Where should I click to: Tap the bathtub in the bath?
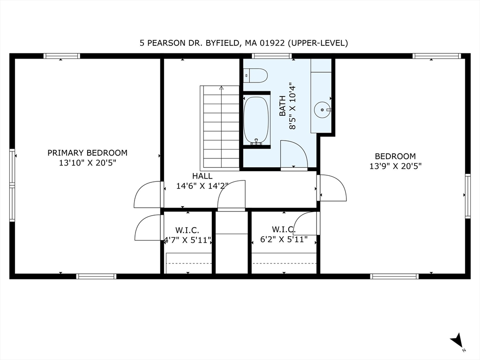click(256, 120)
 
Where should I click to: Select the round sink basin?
click(322, 110)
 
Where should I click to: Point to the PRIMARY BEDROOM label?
click(87, 153)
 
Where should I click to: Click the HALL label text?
click(202, 176)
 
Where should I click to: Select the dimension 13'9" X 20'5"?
click(395, 166)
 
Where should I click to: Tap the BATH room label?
click(283, 105)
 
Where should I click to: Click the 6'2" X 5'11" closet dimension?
click(284, 240)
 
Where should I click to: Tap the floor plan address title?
click(244, 43)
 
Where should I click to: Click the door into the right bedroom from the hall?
click(332, 187)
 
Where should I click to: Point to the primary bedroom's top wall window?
click(61, 56)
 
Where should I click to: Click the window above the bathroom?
click(272, 56)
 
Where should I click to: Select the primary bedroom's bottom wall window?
click(96, 277)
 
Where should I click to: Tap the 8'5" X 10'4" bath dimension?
click(292, 105)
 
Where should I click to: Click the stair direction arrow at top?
click(221, 88)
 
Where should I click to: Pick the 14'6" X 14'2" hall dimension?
click(202, 186)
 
